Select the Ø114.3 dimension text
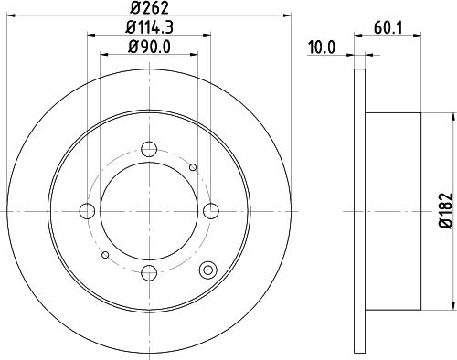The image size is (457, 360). point(150,27)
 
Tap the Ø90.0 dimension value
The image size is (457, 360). point(150,46)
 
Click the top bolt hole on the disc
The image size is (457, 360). point(150,149)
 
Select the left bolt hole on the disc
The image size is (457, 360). point(88,211)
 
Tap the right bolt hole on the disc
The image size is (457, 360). point(212,211)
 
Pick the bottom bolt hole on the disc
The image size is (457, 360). point(150,271)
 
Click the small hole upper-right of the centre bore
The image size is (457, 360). point(193,167)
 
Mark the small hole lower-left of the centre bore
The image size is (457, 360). point(107,254)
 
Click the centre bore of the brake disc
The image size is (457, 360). point(150,210)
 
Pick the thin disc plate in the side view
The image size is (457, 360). point(357,210)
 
